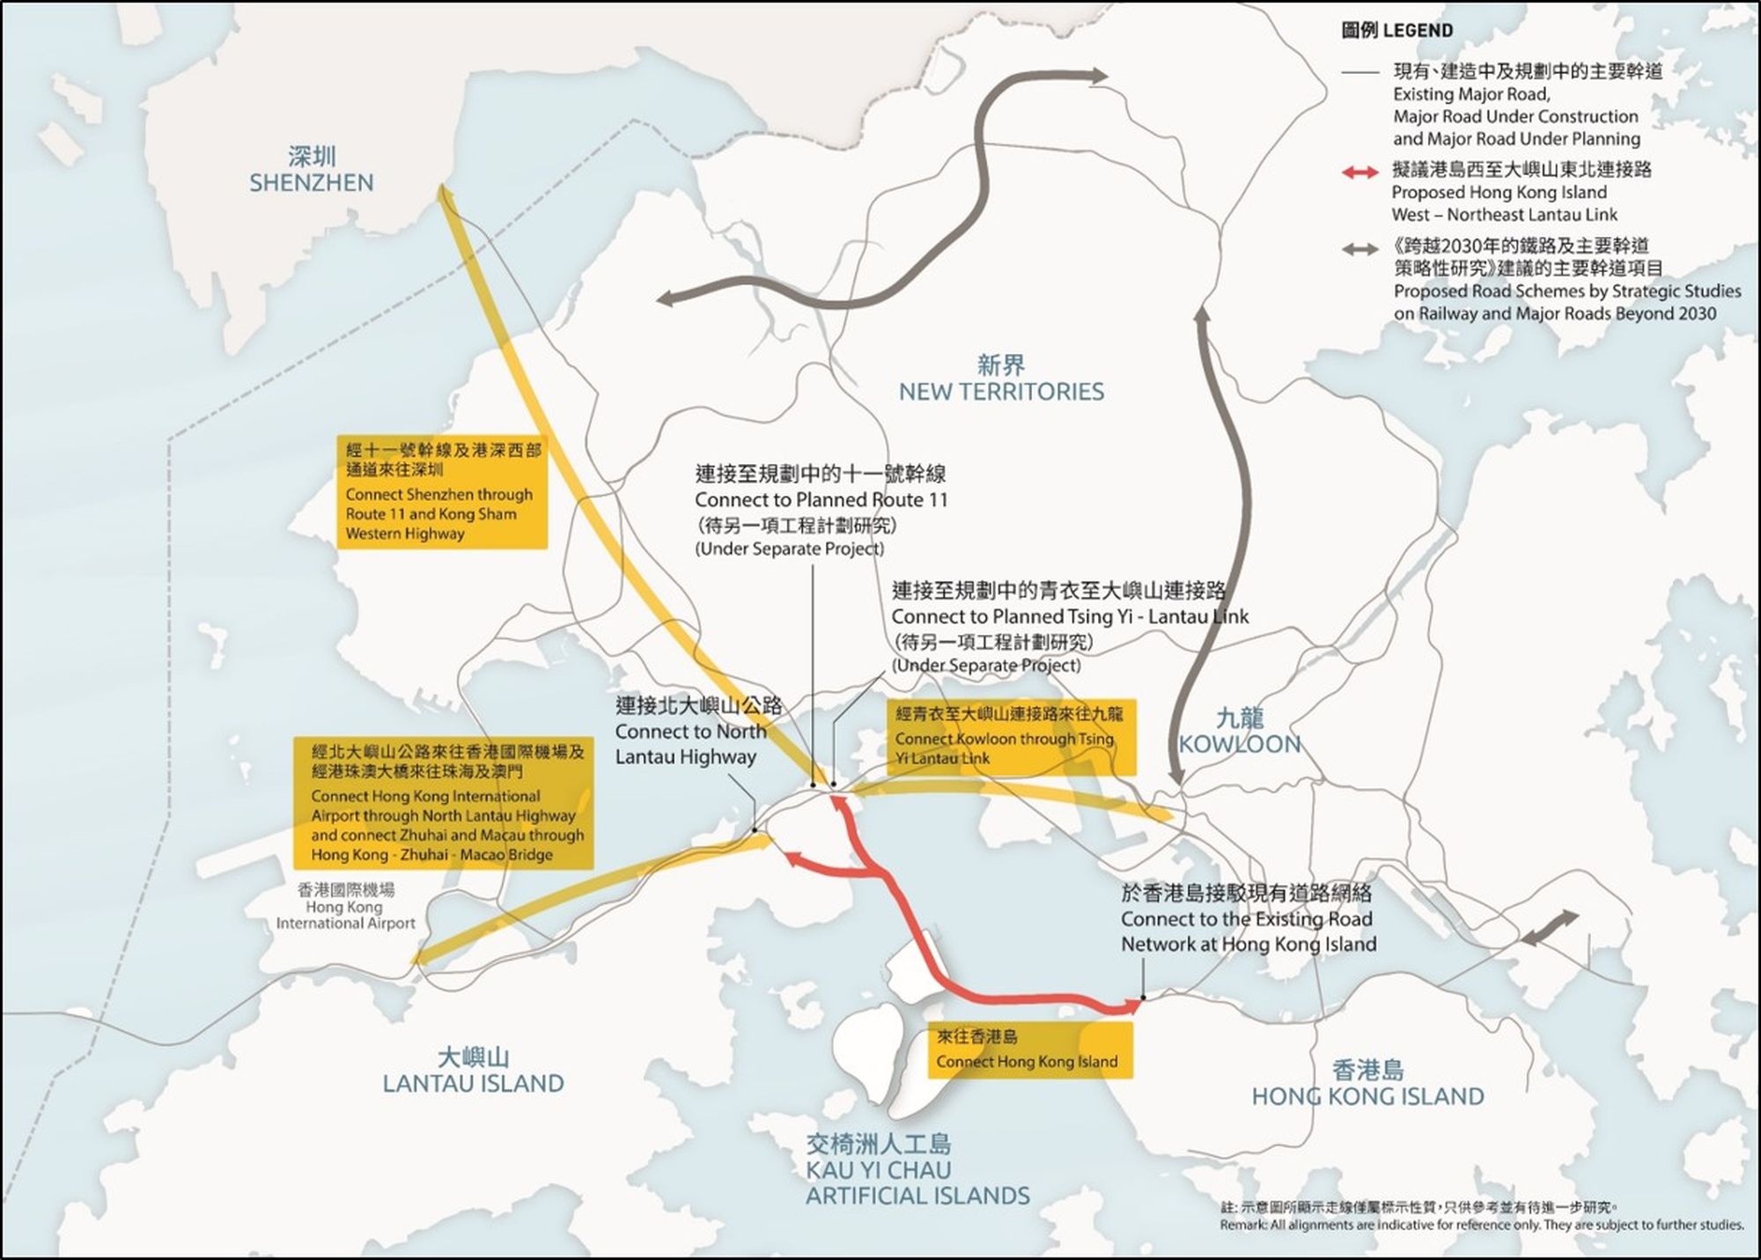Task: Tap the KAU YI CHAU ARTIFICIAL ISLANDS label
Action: [x=917, y=1170]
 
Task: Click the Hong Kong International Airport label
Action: [x=346, y=907]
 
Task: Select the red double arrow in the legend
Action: [x=1360, y=173]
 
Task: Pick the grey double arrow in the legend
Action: [x=1360, y=250]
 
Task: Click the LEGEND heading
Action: [x=1396, y=31]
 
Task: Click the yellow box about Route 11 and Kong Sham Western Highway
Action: [x=442, y=491]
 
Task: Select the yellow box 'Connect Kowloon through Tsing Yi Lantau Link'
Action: [x=1011, y=737]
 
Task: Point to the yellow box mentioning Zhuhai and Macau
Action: [x=443, y=803]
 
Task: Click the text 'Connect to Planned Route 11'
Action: [x=821, y=500]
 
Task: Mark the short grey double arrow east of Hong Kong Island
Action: [x=1550, y=929]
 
